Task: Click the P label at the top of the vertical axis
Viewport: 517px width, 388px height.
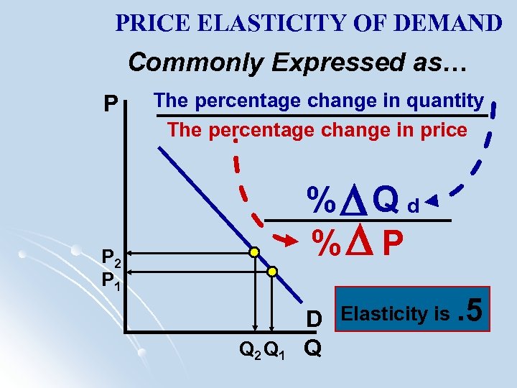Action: pos(110,106)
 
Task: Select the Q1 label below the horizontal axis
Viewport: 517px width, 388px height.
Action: pos(275,351)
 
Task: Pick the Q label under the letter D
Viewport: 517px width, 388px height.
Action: pos(312,348)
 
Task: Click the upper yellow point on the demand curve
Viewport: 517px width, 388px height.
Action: pos(254,252)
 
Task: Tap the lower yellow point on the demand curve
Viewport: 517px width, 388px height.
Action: pos(272,271)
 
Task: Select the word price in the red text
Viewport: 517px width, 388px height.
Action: pos(445,130)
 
